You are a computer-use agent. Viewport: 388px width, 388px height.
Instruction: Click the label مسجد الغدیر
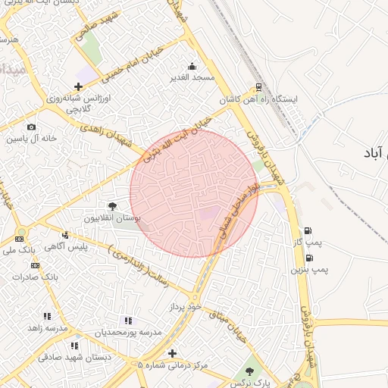[x=192, y=77]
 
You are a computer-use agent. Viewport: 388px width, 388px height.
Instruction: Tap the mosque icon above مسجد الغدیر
[x=192, y=66]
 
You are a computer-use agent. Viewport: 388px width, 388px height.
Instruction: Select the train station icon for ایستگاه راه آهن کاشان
[x=259, y=87]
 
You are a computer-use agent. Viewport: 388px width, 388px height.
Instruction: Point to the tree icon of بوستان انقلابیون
[x=112, y=206]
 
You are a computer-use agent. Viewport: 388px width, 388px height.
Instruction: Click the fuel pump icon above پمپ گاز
[x=307, y=231]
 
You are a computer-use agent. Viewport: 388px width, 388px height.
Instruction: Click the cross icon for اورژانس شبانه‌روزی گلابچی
[x=79, y=87]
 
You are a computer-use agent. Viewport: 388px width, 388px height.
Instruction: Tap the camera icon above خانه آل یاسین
[x=31, y=127]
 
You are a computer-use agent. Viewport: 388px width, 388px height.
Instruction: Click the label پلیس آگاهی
[x=66, y=246]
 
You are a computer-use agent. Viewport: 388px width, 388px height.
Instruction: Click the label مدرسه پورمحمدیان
[x=128, y=333]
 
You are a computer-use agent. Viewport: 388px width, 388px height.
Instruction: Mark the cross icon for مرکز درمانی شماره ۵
[x=173, y=353]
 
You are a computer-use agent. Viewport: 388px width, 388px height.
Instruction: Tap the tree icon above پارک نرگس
[x=249, y=371]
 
